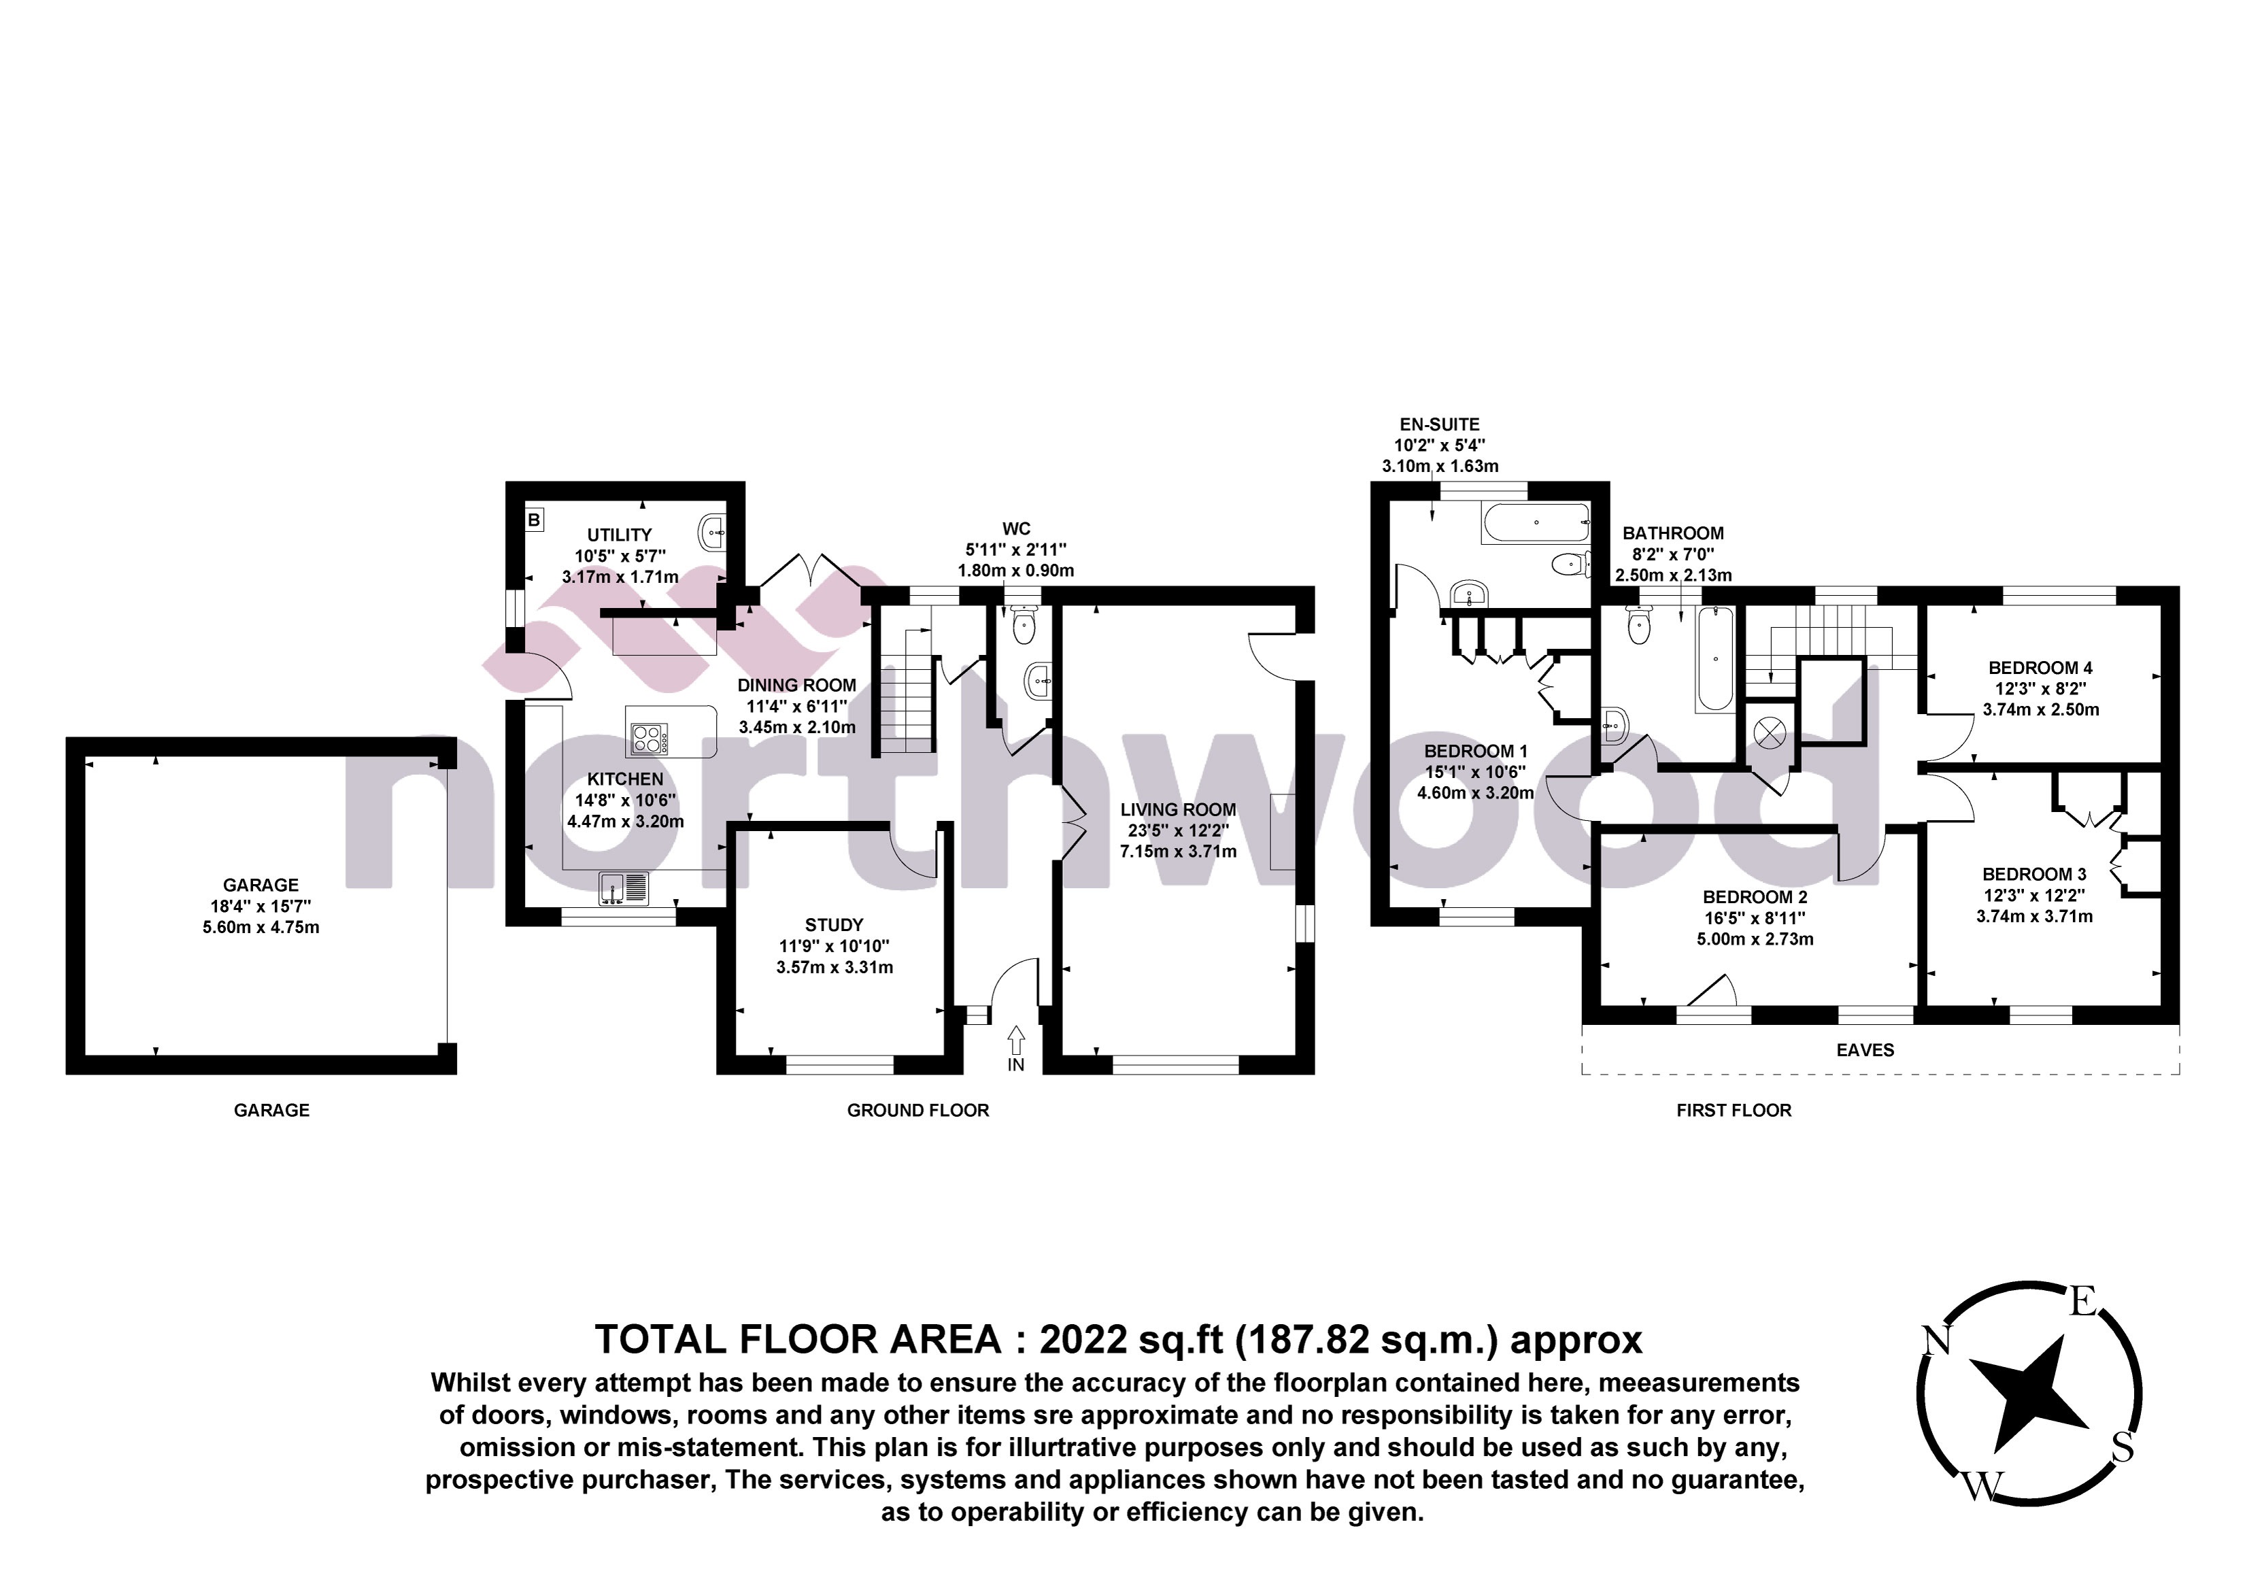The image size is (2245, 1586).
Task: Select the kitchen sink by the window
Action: click(623, 888)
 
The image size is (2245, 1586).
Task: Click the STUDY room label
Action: click(834, 924)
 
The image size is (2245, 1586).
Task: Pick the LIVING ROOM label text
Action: click(1177, 809)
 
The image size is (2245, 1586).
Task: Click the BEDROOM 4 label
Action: click(2040, 668)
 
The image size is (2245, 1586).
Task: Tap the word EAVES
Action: click(1865, 1050)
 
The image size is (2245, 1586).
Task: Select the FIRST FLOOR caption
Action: click(1734, 1110)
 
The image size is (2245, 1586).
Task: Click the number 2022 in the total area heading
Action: click(1083, 1338)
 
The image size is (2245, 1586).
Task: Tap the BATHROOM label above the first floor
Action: click(1673, 533)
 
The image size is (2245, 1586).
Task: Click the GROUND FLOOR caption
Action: click(917, 1110)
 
